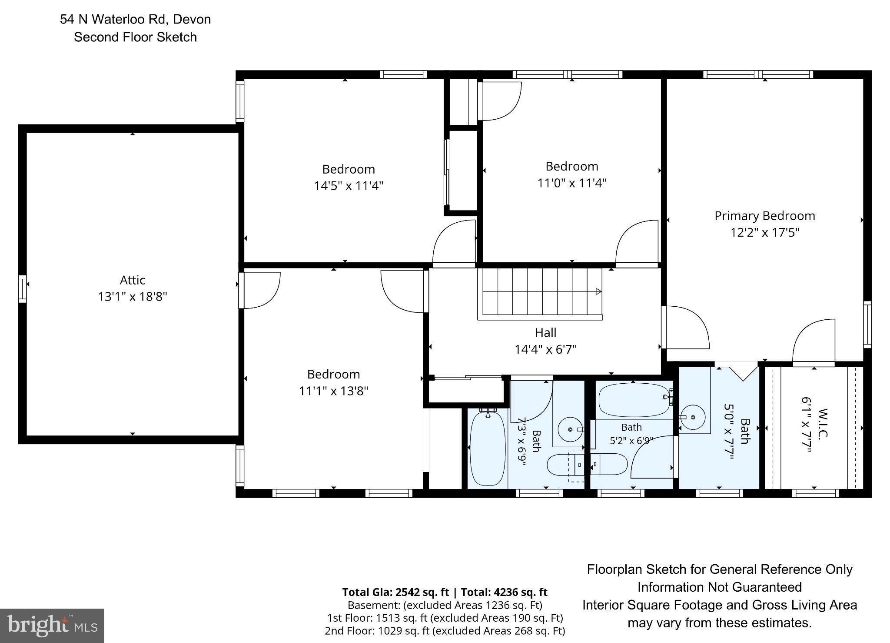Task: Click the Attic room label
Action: click(133, 280)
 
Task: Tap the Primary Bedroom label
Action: click(765, 216)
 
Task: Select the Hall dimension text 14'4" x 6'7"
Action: click(545, 349)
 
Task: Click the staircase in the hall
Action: click(540, 294)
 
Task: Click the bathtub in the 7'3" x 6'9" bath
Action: click(488, 448)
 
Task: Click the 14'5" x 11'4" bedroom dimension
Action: click(349, 186)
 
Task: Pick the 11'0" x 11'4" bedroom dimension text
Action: click(572, 183)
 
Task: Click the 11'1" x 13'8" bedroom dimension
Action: click(333, 391)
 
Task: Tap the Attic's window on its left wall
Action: click(22, 288)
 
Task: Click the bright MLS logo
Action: click(52, 626)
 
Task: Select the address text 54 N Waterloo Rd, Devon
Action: click(136, 19)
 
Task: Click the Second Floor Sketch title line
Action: click(135, 37)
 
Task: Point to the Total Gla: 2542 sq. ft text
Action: click(395, 592)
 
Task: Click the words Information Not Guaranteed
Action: click(720, 587)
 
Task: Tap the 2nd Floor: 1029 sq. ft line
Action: click(445, 630)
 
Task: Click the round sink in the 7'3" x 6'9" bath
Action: click(571, 429)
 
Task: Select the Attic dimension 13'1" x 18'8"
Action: click(133, 297)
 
